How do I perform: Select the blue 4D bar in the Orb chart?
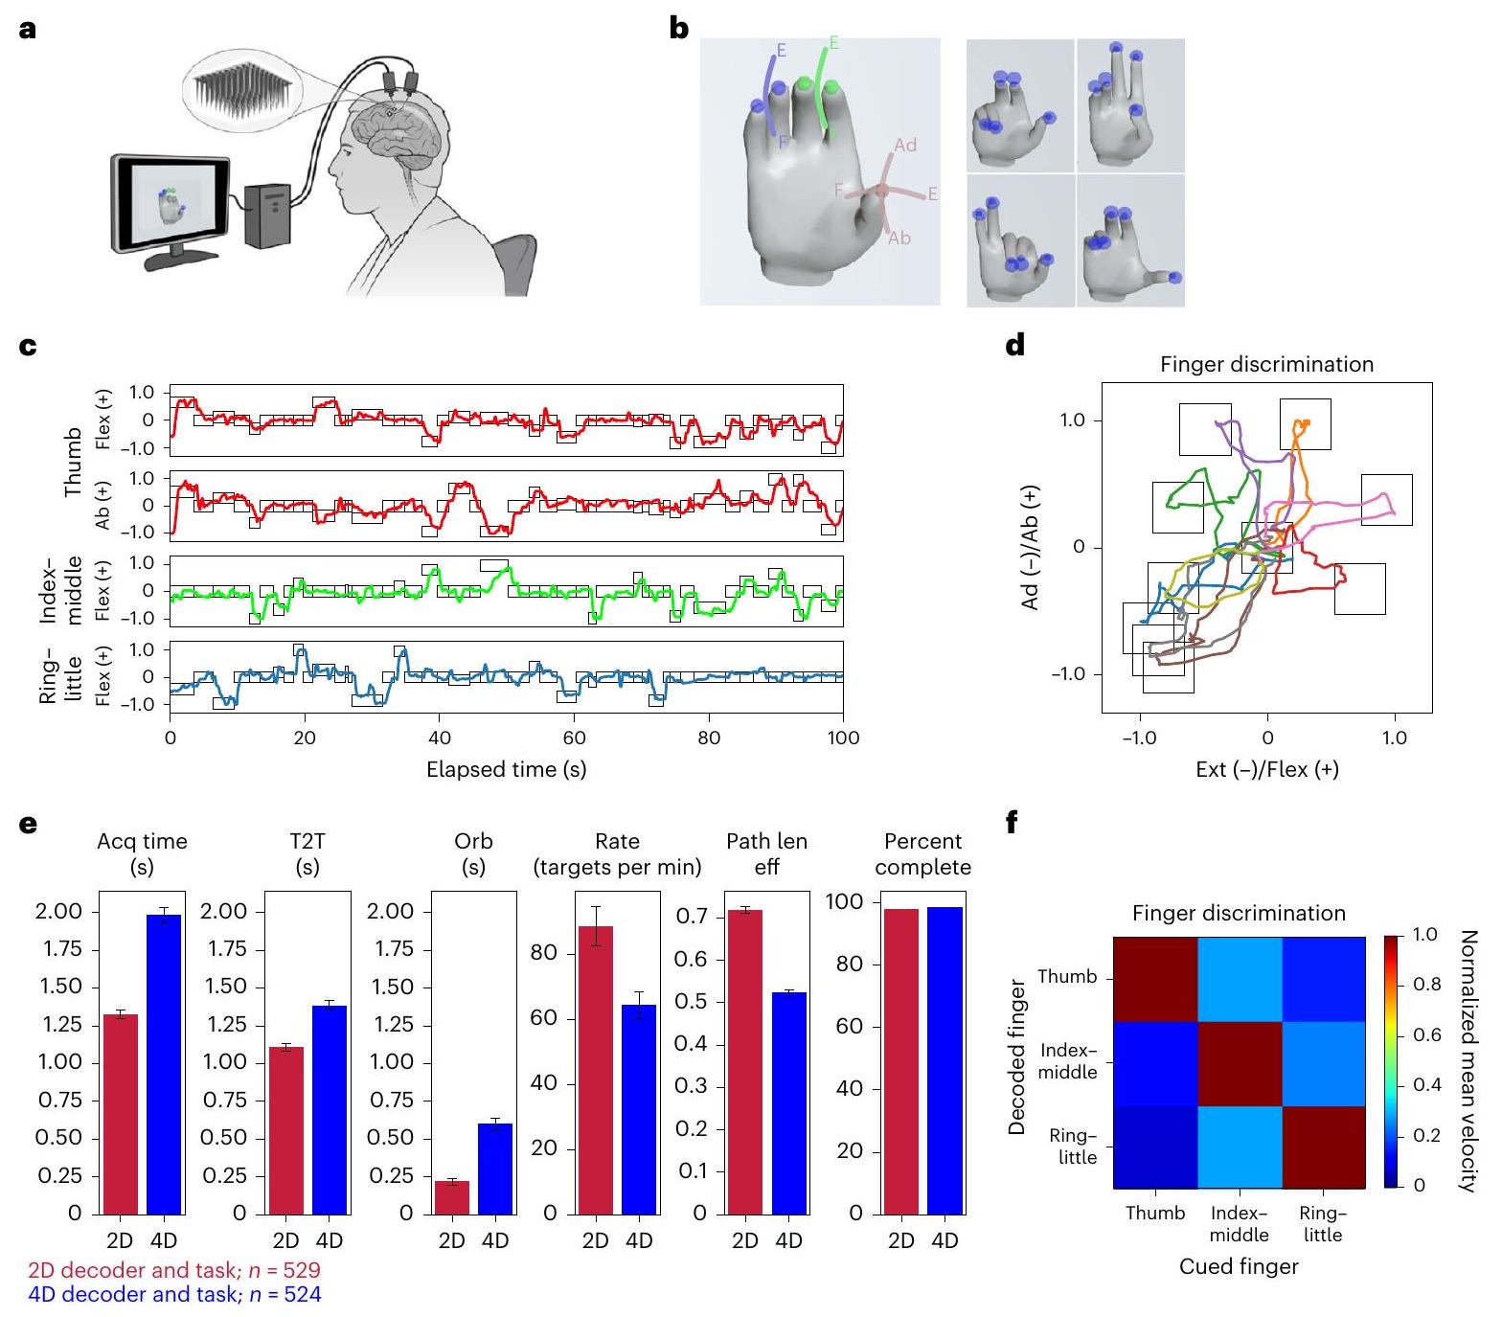(x=495, y=1169)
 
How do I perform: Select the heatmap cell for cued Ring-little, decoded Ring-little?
(x=1323, y=1147)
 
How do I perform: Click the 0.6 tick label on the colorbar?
(x=1428, y=1035)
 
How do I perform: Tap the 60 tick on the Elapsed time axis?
(x=574, y=738)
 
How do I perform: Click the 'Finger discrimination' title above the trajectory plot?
(x=1266, y=365)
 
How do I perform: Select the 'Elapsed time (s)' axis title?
(x=506, y=769)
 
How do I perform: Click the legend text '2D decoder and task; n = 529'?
(x=174, y=1271)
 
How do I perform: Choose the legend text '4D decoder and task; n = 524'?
(x=174, y=1295)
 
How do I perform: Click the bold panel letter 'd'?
(x=1014, y=345)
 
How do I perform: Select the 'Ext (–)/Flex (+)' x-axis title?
(x=1266, y=769)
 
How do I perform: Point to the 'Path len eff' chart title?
(x=766, y=853)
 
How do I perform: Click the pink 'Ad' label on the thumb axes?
(x=905, y=145)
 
